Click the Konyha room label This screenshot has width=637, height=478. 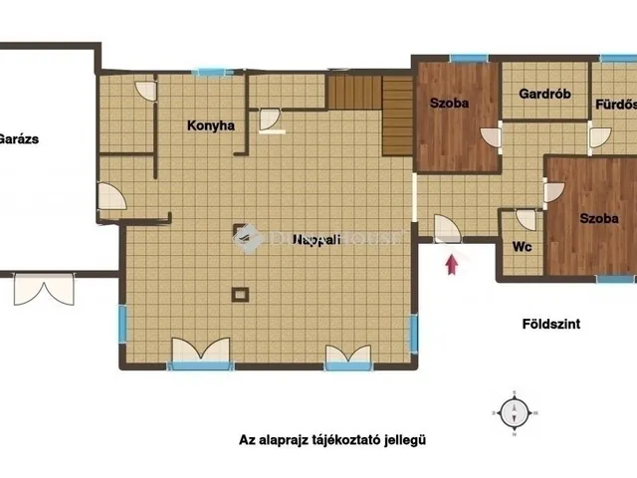[210, 125]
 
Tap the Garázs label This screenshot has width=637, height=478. [19, 139]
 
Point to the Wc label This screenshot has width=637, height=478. [520, 247]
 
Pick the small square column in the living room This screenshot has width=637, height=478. [240, 294]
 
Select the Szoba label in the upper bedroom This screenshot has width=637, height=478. [449, 103]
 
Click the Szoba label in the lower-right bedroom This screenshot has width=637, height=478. [599, 218]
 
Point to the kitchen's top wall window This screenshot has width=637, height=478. [214, 72]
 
